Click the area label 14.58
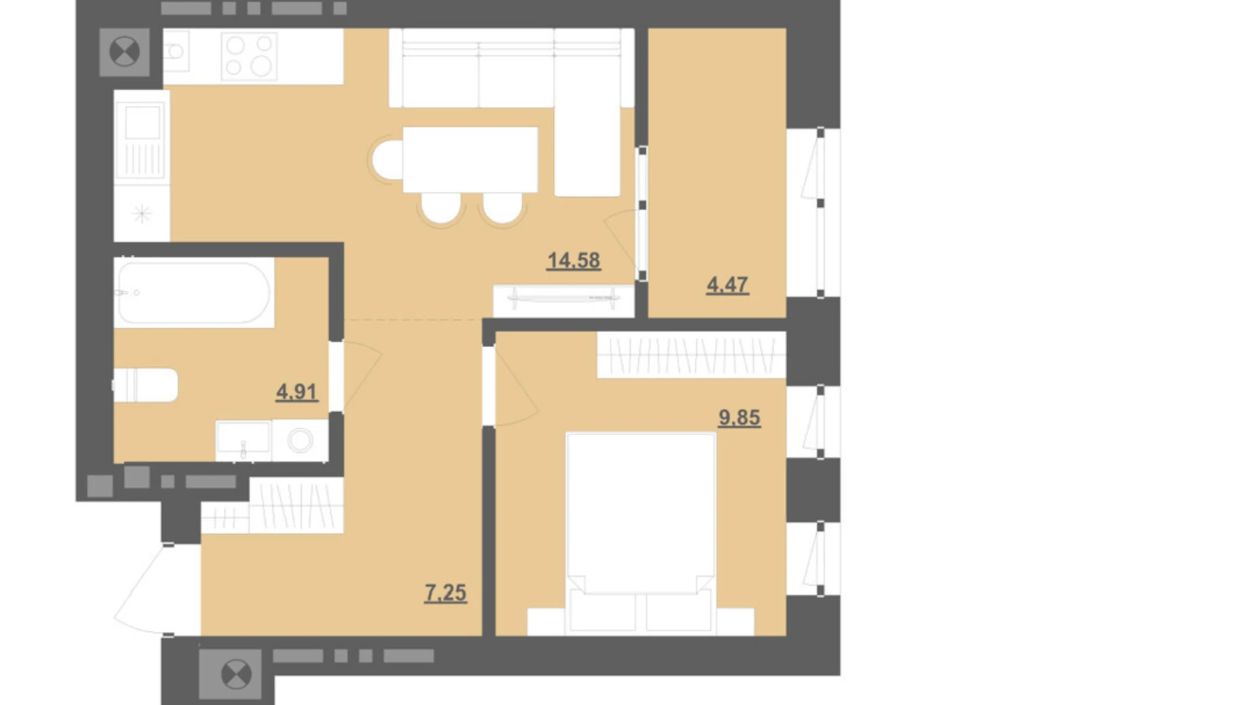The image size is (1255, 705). [573, 260]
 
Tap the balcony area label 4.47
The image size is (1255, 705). [727, 285]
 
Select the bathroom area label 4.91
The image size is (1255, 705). [296, 392]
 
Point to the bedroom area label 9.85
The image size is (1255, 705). [739, 418]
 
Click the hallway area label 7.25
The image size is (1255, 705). [446, 593]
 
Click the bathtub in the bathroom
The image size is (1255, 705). [194, 293]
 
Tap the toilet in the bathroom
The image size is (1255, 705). [145, 385]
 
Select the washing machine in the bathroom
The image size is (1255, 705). [300, 441]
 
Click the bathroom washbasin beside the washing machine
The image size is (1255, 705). [244, 441]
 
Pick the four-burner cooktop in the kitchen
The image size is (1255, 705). [249, 56]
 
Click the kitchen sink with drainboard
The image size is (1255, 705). [142, 141]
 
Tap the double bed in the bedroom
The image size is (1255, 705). [640, 533]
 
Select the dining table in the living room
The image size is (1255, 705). [470, 159]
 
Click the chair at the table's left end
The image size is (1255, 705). [387, 160]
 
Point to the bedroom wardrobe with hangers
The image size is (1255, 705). [691, 355]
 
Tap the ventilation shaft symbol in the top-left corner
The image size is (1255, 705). [125, 52]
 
